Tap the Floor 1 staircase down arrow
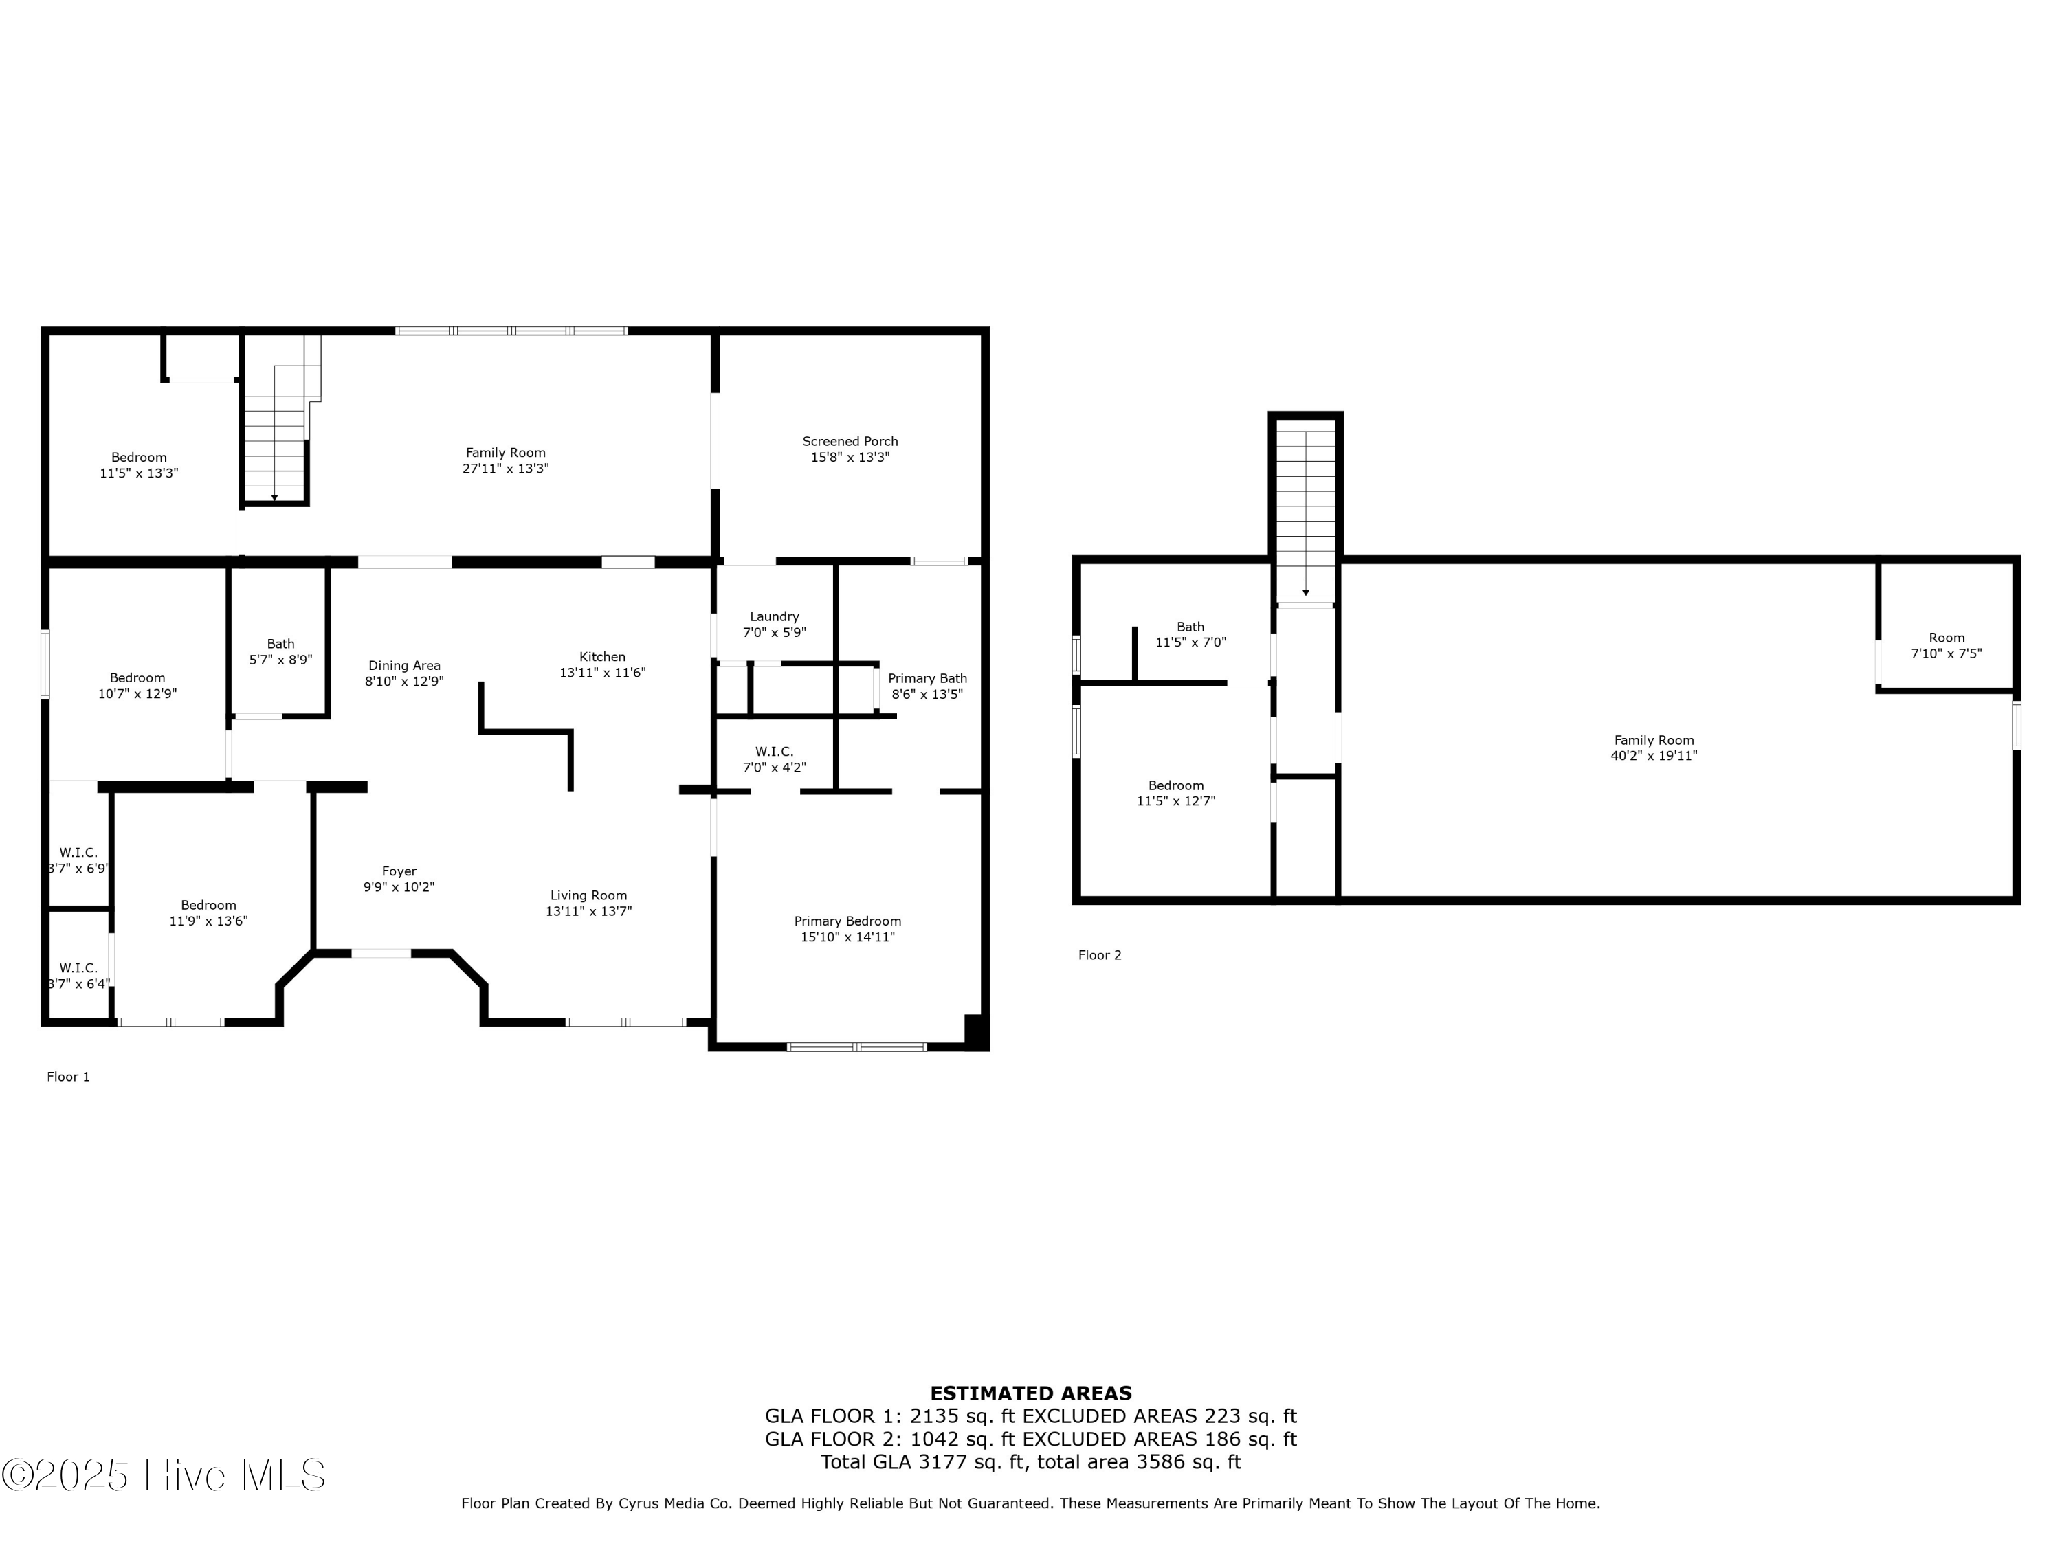274,497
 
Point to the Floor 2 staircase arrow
1305,593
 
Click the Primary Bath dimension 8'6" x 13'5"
927,694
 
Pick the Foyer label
399,871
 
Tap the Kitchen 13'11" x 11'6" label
602,664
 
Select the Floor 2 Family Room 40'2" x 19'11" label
1654,748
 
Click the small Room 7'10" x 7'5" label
1947,646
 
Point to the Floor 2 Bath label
1190,627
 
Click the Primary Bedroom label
847,921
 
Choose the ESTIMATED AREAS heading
1030,1393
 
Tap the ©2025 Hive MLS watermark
163,1475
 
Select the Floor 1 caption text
68,1076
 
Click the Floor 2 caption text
1099,955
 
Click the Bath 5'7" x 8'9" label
280,651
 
